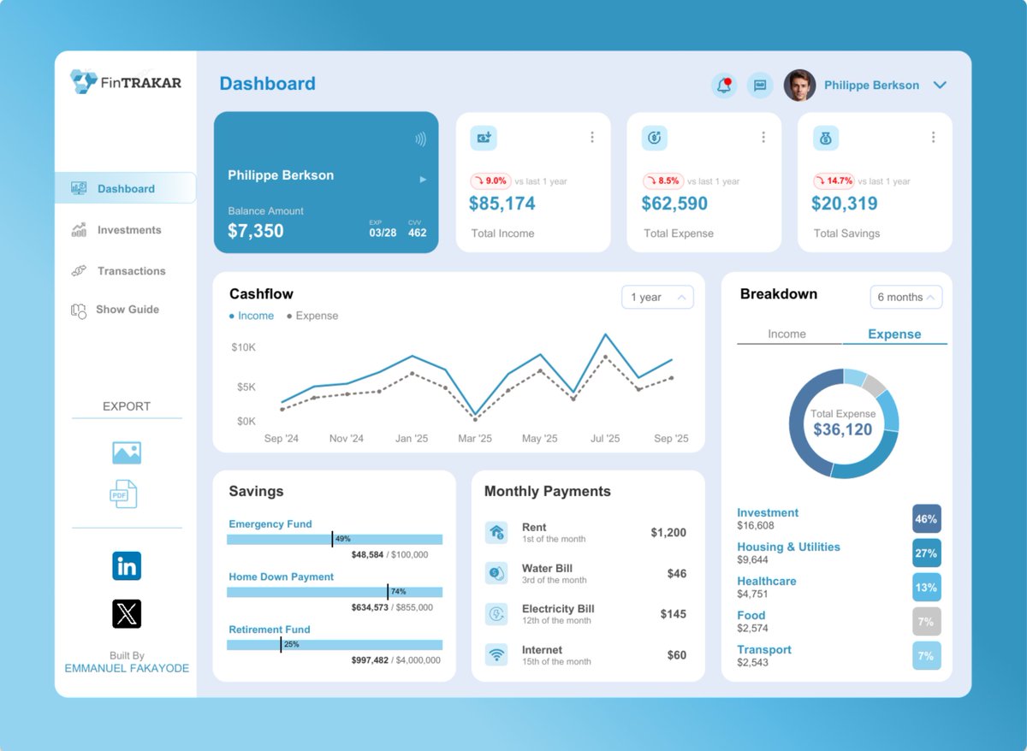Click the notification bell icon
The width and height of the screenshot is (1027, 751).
coord(724,86)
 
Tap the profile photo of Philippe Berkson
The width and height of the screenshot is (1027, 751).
coord(799,86)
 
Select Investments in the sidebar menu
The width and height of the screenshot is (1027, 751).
coord(128,230)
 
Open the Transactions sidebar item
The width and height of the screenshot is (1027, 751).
coord(131,271)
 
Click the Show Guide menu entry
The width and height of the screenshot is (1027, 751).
coord(127,310)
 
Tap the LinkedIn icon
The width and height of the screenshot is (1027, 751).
coord(127,565)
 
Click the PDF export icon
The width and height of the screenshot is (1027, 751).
coord(123,494)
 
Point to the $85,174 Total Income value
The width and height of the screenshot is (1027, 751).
coord(502,204)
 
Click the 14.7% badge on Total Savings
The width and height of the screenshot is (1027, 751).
coord(834,181)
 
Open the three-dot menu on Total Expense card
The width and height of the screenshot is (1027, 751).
coord(763,137)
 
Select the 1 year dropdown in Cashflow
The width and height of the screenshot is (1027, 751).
coord(657,297)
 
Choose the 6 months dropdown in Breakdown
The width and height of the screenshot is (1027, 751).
coord(905,297)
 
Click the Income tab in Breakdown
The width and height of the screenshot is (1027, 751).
coord(787,334)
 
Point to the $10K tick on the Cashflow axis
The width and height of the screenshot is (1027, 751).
coord(243,347)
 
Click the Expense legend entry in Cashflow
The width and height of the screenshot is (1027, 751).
coord(312,316)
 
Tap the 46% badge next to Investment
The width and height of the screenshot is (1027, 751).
coord(926,519)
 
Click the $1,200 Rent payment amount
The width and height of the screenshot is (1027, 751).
coord(668,533)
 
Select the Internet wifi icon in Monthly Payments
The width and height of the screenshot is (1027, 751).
coord(496,655)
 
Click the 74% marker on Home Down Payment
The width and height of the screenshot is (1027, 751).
coord(398,592)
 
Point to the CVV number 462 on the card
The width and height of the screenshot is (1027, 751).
coord(417,233)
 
